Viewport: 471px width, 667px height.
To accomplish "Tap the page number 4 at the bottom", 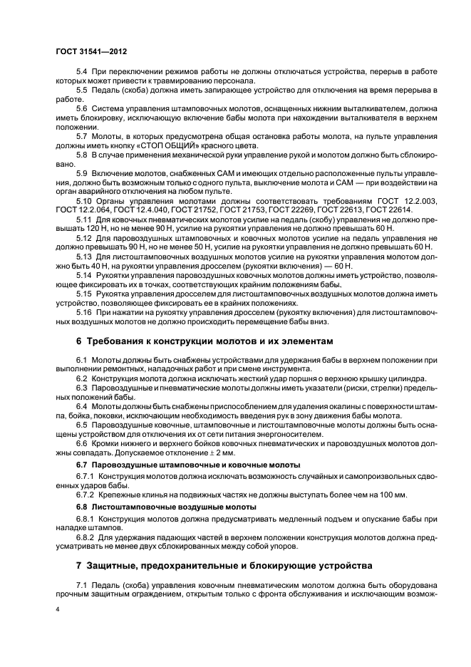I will point(58,610).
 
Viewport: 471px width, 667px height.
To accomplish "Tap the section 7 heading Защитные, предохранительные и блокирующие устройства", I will point(224,566).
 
